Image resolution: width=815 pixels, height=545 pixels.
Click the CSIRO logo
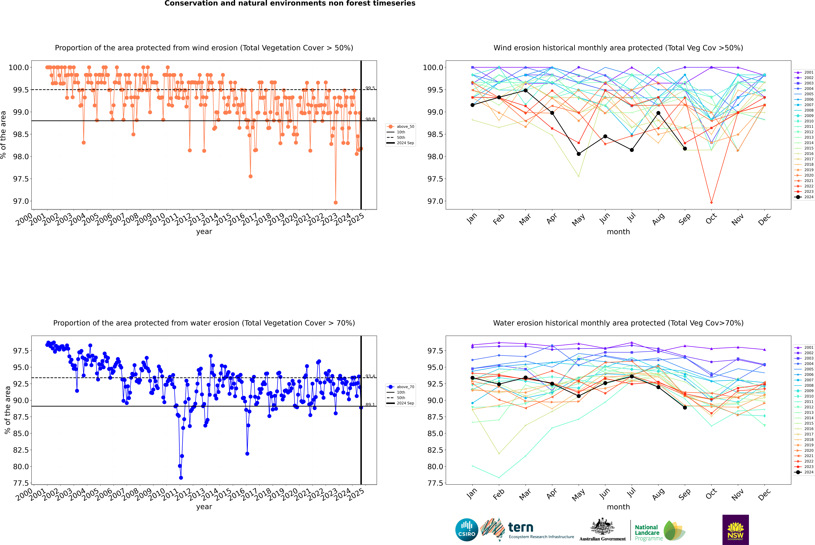pos(467,530)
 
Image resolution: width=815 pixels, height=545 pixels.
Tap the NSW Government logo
pos(735,530)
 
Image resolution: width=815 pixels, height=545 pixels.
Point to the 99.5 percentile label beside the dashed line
pos(370,88)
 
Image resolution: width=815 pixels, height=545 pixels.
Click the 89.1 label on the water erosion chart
pos(370,405)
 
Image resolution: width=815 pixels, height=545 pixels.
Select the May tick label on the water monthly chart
pos(578,494)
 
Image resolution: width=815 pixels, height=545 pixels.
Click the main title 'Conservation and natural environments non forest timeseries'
pos(290,3)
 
